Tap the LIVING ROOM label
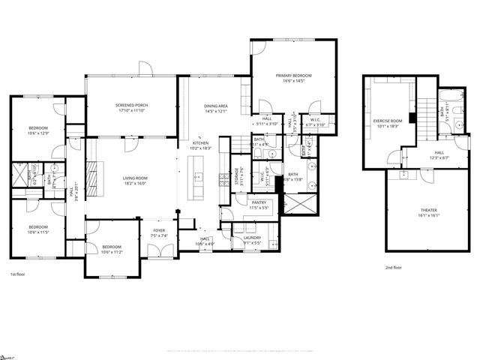(x=136, y=178)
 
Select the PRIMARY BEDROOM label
(x=293, y=76)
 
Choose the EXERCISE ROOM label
(x=388, y=121)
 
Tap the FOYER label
(x=159, y=230)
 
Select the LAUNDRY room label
(x=252, y=238)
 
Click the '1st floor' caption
(x=20, y=274)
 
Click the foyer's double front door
(x=160, y=252)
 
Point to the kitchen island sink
(x=199, y=178)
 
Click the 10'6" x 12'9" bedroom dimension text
(x=37, y=133)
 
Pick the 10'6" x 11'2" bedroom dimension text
(x=110, y=252)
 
